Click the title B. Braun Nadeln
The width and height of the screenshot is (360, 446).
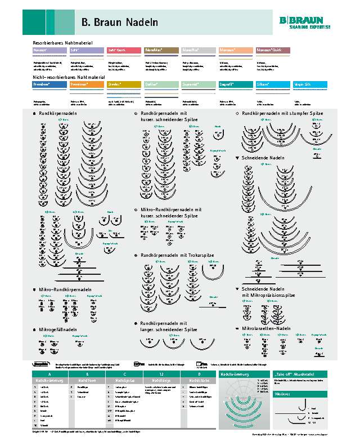pos(119,23)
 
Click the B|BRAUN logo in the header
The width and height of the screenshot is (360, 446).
pos(305,21)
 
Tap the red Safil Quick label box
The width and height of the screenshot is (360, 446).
pos(123,50)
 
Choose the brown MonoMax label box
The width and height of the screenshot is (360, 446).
pos(161,50)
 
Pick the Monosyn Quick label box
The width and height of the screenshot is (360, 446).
pos(273,50)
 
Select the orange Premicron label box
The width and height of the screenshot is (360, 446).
pos(85,84)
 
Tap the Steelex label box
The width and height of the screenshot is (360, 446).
pos(123,84)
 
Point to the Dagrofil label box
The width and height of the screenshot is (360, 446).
pos(235,84)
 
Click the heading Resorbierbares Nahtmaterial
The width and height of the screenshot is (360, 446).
pos(62,43)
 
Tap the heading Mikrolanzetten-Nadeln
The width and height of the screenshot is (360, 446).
pos(266,328)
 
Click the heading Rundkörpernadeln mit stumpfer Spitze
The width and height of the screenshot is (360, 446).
pos(282,113)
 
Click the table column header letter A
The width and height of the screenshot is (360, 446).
pos(49,374)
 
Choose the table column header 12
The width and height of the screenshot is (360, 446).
pos(161,374)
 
